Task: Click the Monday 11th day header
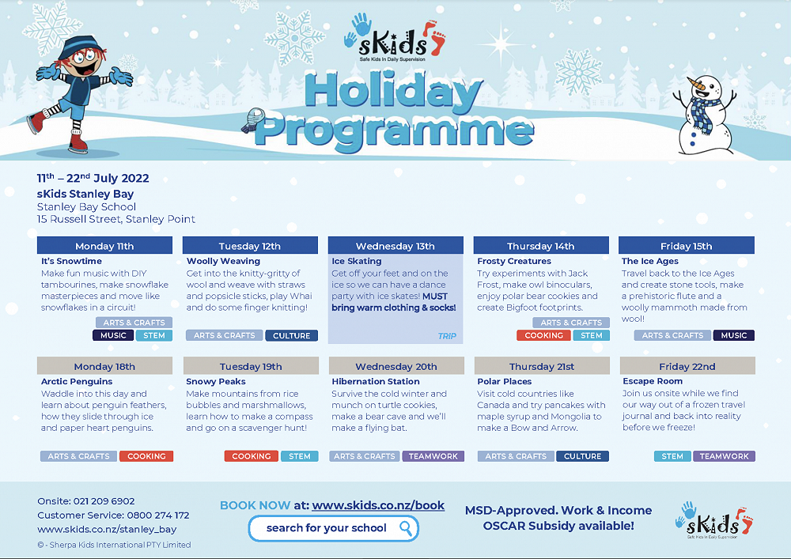coord(104,246)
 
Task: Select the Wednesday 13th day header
coord(395,246)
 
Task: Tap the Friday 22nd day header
coord(687,366)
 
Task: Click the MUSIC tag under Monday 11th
coord(113,335)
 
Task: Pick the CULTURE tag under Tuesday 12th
coord(292,335)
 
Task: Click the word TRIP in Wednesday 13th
coord(447,336)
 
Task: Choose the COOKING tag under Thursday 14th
coord(544,335)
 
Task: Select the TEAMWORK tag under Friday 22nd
coord(724,456)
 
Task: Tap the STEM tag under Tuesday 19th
coord(299,456)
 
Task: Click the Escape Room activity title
coord(653,382)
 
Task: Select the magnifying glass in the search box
coord(405,527)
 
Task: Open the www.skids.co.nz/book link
coord(378,505)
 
